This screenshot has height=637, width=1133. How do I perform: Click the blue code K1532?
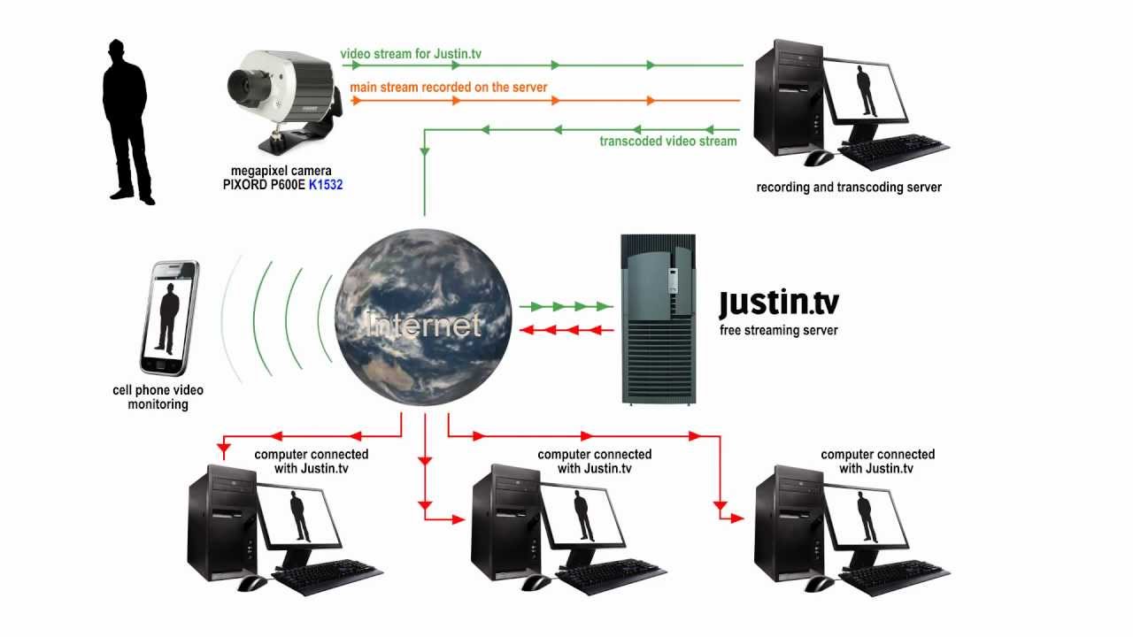(325, 185)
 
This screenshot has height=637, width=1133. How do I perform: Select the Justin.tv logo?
(778, 303)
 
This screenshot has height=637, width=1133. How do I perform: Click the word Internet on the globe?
(424, 325)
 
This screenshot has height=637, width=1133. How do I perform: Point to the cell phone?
(169, 318)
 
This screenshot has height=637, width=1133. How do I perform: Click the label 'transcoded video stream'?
(667, 141)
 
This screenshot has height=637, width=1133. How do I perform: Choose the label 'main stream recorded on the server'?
(448, 88)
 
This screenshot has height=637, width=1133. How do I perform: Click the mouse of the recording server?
(819, 157)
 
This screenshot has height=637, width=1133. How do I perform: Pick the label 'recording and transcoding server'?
(848, 188)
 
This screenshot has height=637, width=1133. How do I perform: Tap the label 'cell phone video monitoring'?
(158, 397)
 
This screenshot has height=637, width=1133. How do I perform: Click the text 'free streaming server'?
(778, 330)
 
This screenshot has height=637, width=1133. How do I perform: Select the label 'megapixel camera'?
(274, 171)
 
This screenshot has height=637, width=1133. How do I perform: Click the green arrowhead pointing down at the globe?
(425, 151)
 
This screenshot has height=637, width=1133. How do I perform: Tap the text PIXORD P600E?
(257, 185)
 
